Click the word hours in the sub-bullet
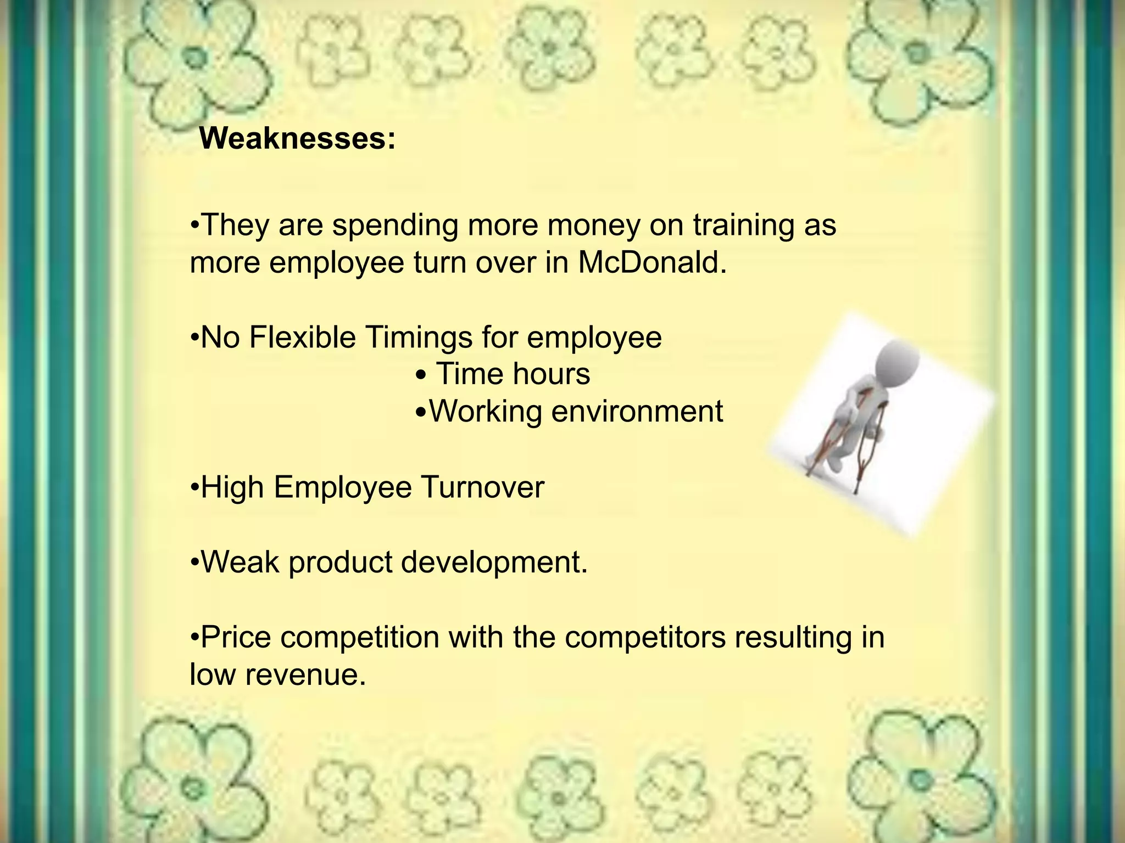click(x=551, y=374)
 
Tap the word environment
click(x=637, y=412)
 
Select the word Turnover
click(x=482, y=487)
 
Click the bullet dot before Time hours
click(x=422, y=376)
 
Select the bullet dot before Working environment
click(x=421, y=412)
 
